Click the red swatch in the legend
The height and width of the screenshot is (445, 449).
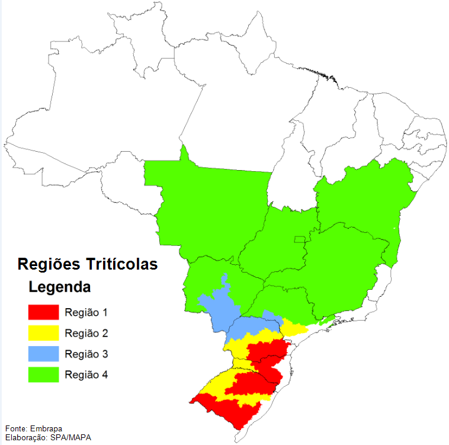click(x=44, y=312)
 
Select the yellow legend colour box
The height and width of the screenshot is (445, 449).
click(x=44, y=332)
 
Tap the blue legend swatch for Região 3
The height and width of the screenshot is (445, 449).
click(x=44, y=354)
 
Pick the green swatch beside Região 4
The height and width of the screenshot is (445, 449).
click(x=44, y=374)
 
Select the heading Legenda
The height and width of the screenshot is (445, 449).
click(x=60, y=288)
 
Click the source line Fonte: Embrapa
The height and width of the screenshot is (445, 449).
click(x=34, y=428)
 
